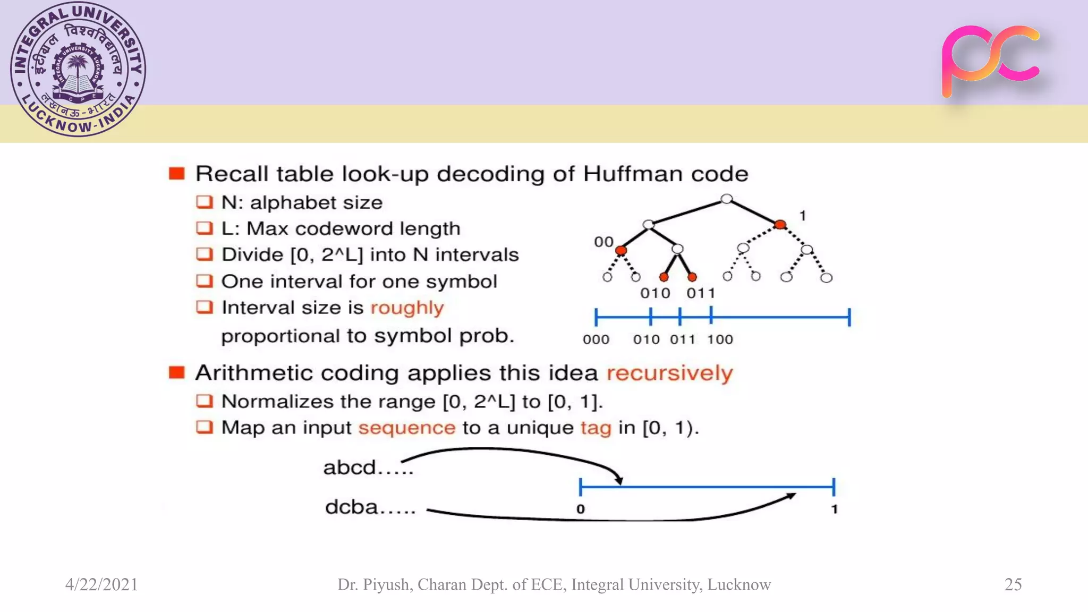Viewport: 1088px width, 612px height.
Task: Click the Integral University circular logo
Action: coord(78,69)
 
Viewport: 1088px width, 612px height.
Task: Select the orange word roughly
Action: coord(407,308)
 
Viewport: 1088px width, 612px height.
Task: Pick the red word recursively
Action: coord(669,373)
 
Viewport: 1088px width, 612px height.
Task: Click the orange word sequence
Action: coord(406,428)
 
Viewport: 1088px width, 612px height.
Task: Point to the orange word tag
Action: coord(596,428)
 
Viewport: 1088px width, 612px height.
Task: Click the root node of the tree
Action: coord(726,199)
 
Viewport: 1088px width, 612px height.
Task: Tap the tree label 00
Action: coord(603,242)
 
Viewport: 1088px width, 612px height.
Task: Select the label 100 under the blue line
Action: coord(720,339)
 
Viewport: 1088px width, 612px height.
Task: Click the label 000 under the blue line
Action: coord(596,339)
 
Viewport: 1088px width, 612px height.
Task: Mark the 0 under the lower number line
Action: coord(581,509)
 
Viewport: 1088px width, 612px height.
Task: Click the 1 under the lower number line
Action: coord(834,509)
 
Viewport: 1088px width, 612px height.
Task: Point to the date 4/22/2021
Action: coord(101,584)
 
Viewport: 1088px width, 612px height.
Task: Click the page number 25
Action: coord(1013,584)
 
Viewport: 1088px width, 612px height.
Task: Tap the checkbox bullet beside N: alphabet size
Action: coord(204,202)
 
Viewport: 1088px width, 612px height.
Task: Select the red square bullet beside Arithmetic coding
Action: coord(176,372)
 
